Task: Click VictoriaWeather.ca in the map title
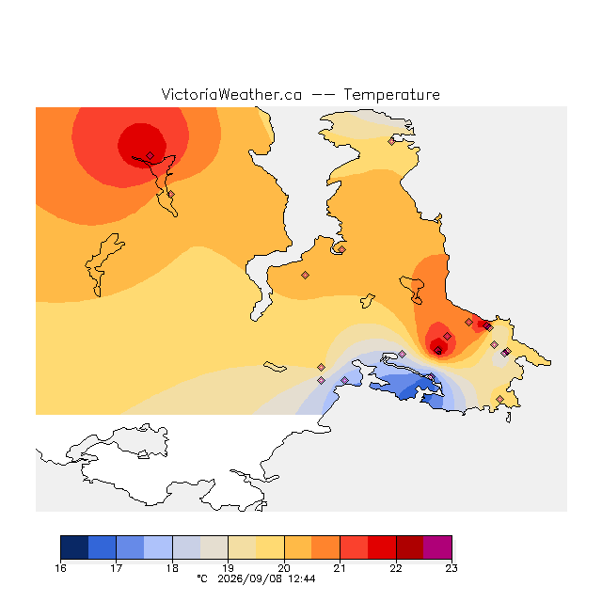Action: point(231,94)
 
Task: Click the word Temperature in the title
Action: point(391,94)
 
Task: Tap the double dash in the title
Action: point(323,95)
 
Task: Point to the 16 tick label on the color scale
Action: point(60,568)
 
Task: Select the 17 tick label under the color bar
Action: point(117,568)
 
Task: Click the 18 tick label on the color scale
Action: point(172,568)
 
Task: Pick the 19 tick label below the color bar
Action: point(228,568)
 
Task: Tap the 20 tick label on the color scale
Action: point(284,568)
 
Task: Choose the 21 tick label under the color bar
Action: point(340,568)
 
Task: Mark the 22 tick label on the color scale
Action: point(396,568)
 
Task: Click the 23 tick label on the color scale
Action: point(451,568)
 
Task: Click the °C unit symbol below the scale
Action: point(202,578)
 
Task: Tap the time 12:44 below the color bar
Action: point(302,578)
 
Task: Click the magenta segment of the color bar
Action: point(437,547)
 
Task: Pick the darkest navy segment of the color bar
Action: point(74,547)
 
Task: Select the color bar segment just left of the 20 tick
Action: point(270,547)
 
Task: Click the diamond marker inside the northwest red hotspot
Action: point(150,155)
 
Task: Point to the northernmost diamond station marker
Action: point(391,142)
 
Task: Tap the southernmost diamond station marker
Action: point(499,399)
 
